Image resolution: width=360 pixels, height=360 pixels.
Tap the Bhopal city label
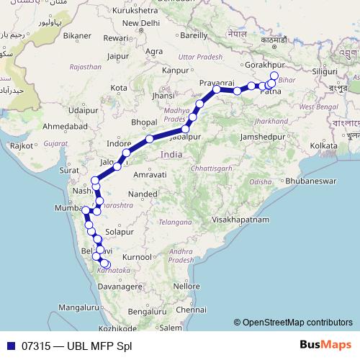coord(144,122)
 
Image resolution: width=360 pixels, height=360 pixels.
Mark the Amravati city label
coord(150,175)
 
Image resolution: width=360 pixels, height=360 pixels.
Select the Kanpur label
coord(175,71)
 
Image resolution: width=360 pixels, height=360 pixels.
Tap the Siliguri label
coord(333,72)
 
